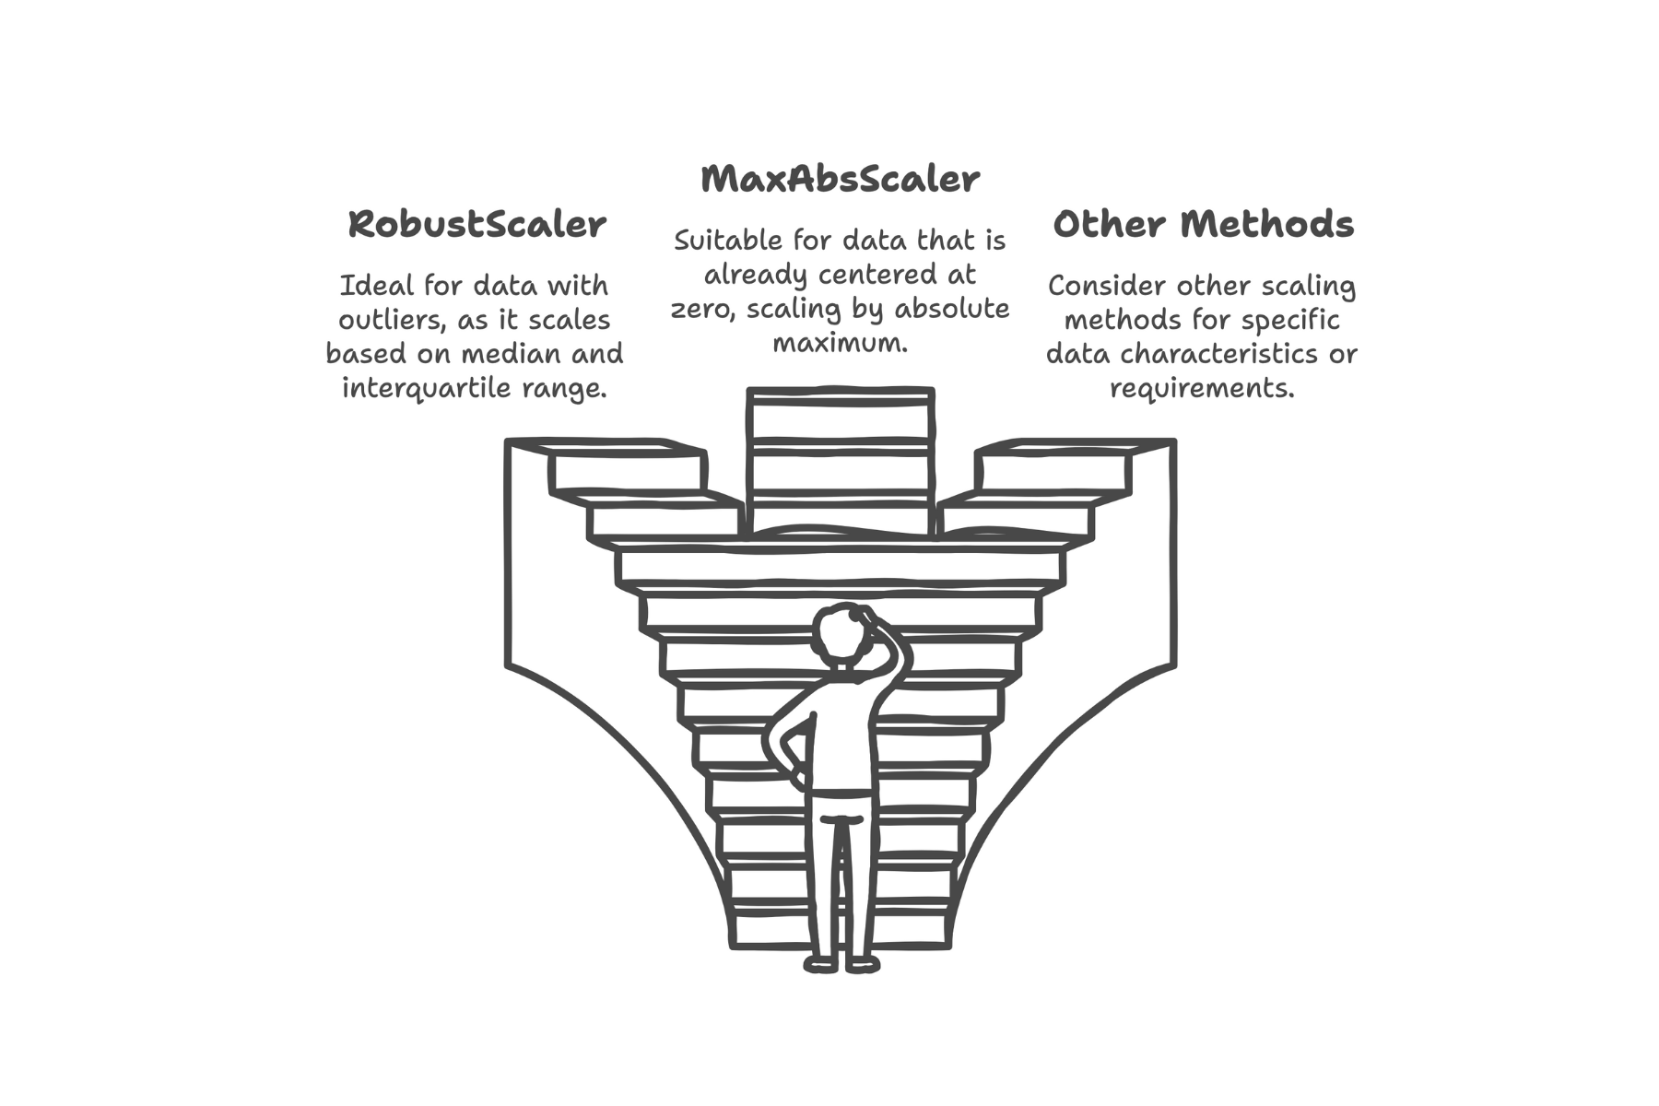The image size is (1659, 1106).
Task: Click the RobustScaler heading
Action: [x=477, y=225]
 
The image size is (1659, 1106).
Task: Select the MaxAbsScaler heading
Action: [x=840, y=179]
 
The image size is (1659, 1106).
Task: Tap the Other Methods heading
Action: [x=1203, y=225]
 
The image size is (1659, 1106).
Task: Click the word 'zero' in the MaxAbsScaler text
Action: [x=701, y=309]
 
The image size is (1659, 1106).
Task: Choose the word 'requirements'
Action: [x=1202, y=388]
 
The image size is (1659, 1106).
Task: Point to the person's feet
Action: [x=841, y=965]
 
